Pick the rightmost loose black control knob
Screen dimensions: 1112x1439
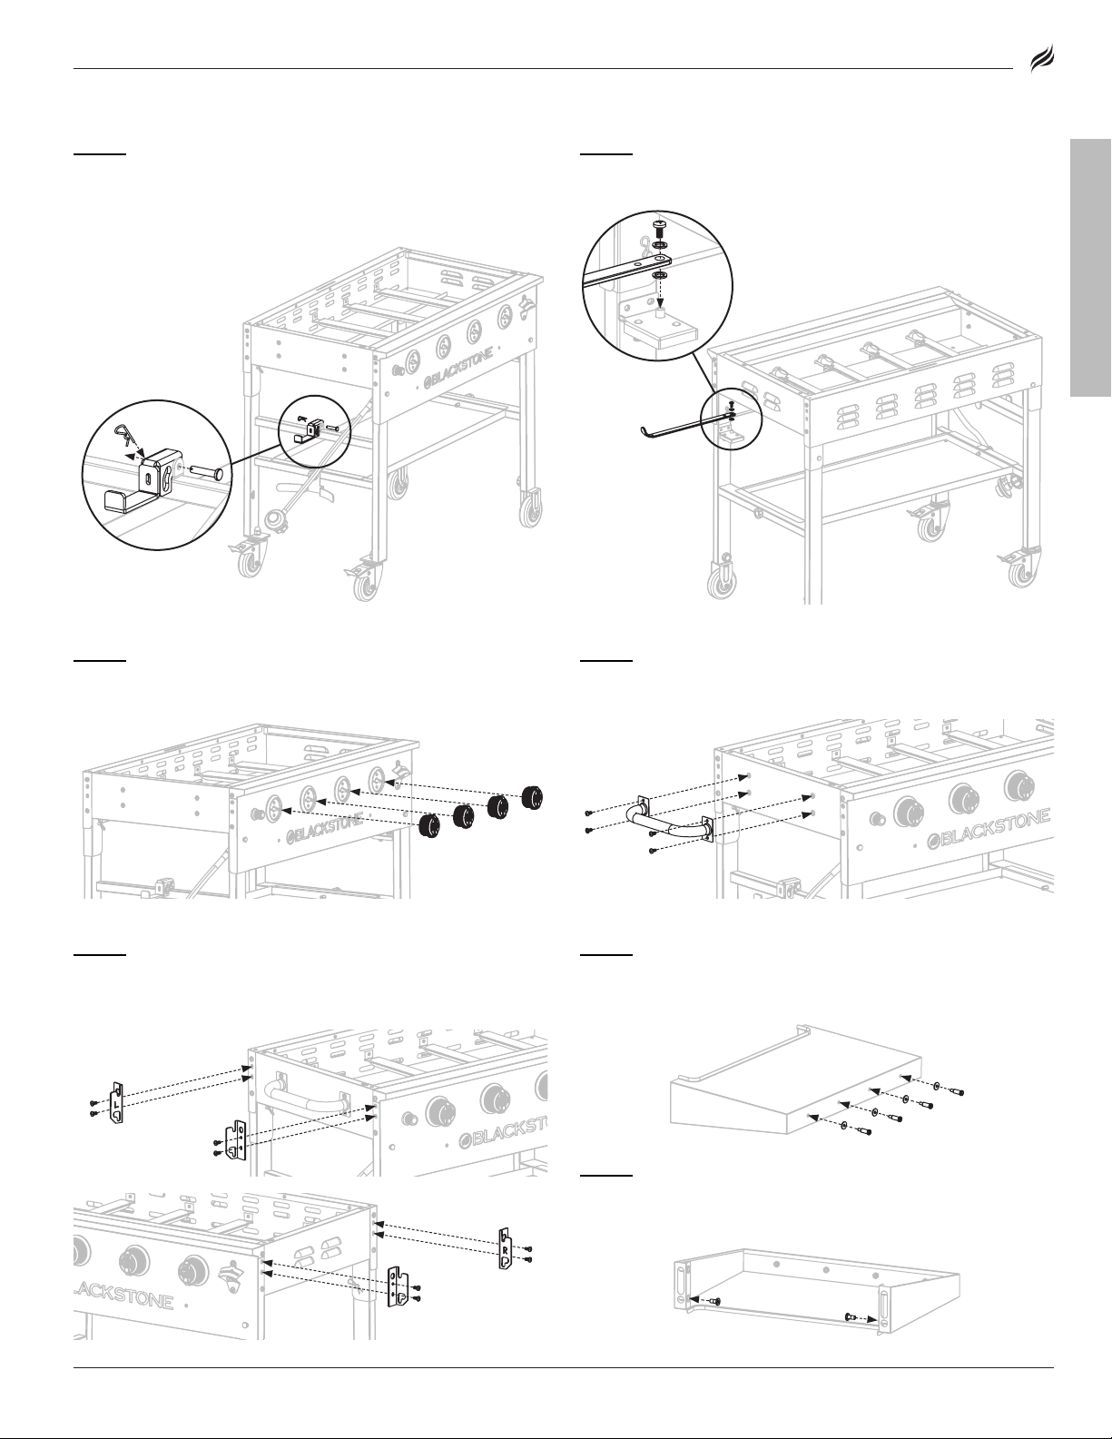[x=532, y=796]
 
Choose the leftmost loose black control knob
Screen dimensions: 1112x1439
[x=430, y=826]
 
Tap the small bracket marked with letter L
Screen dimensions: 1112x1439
[x=117, y=1102]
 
